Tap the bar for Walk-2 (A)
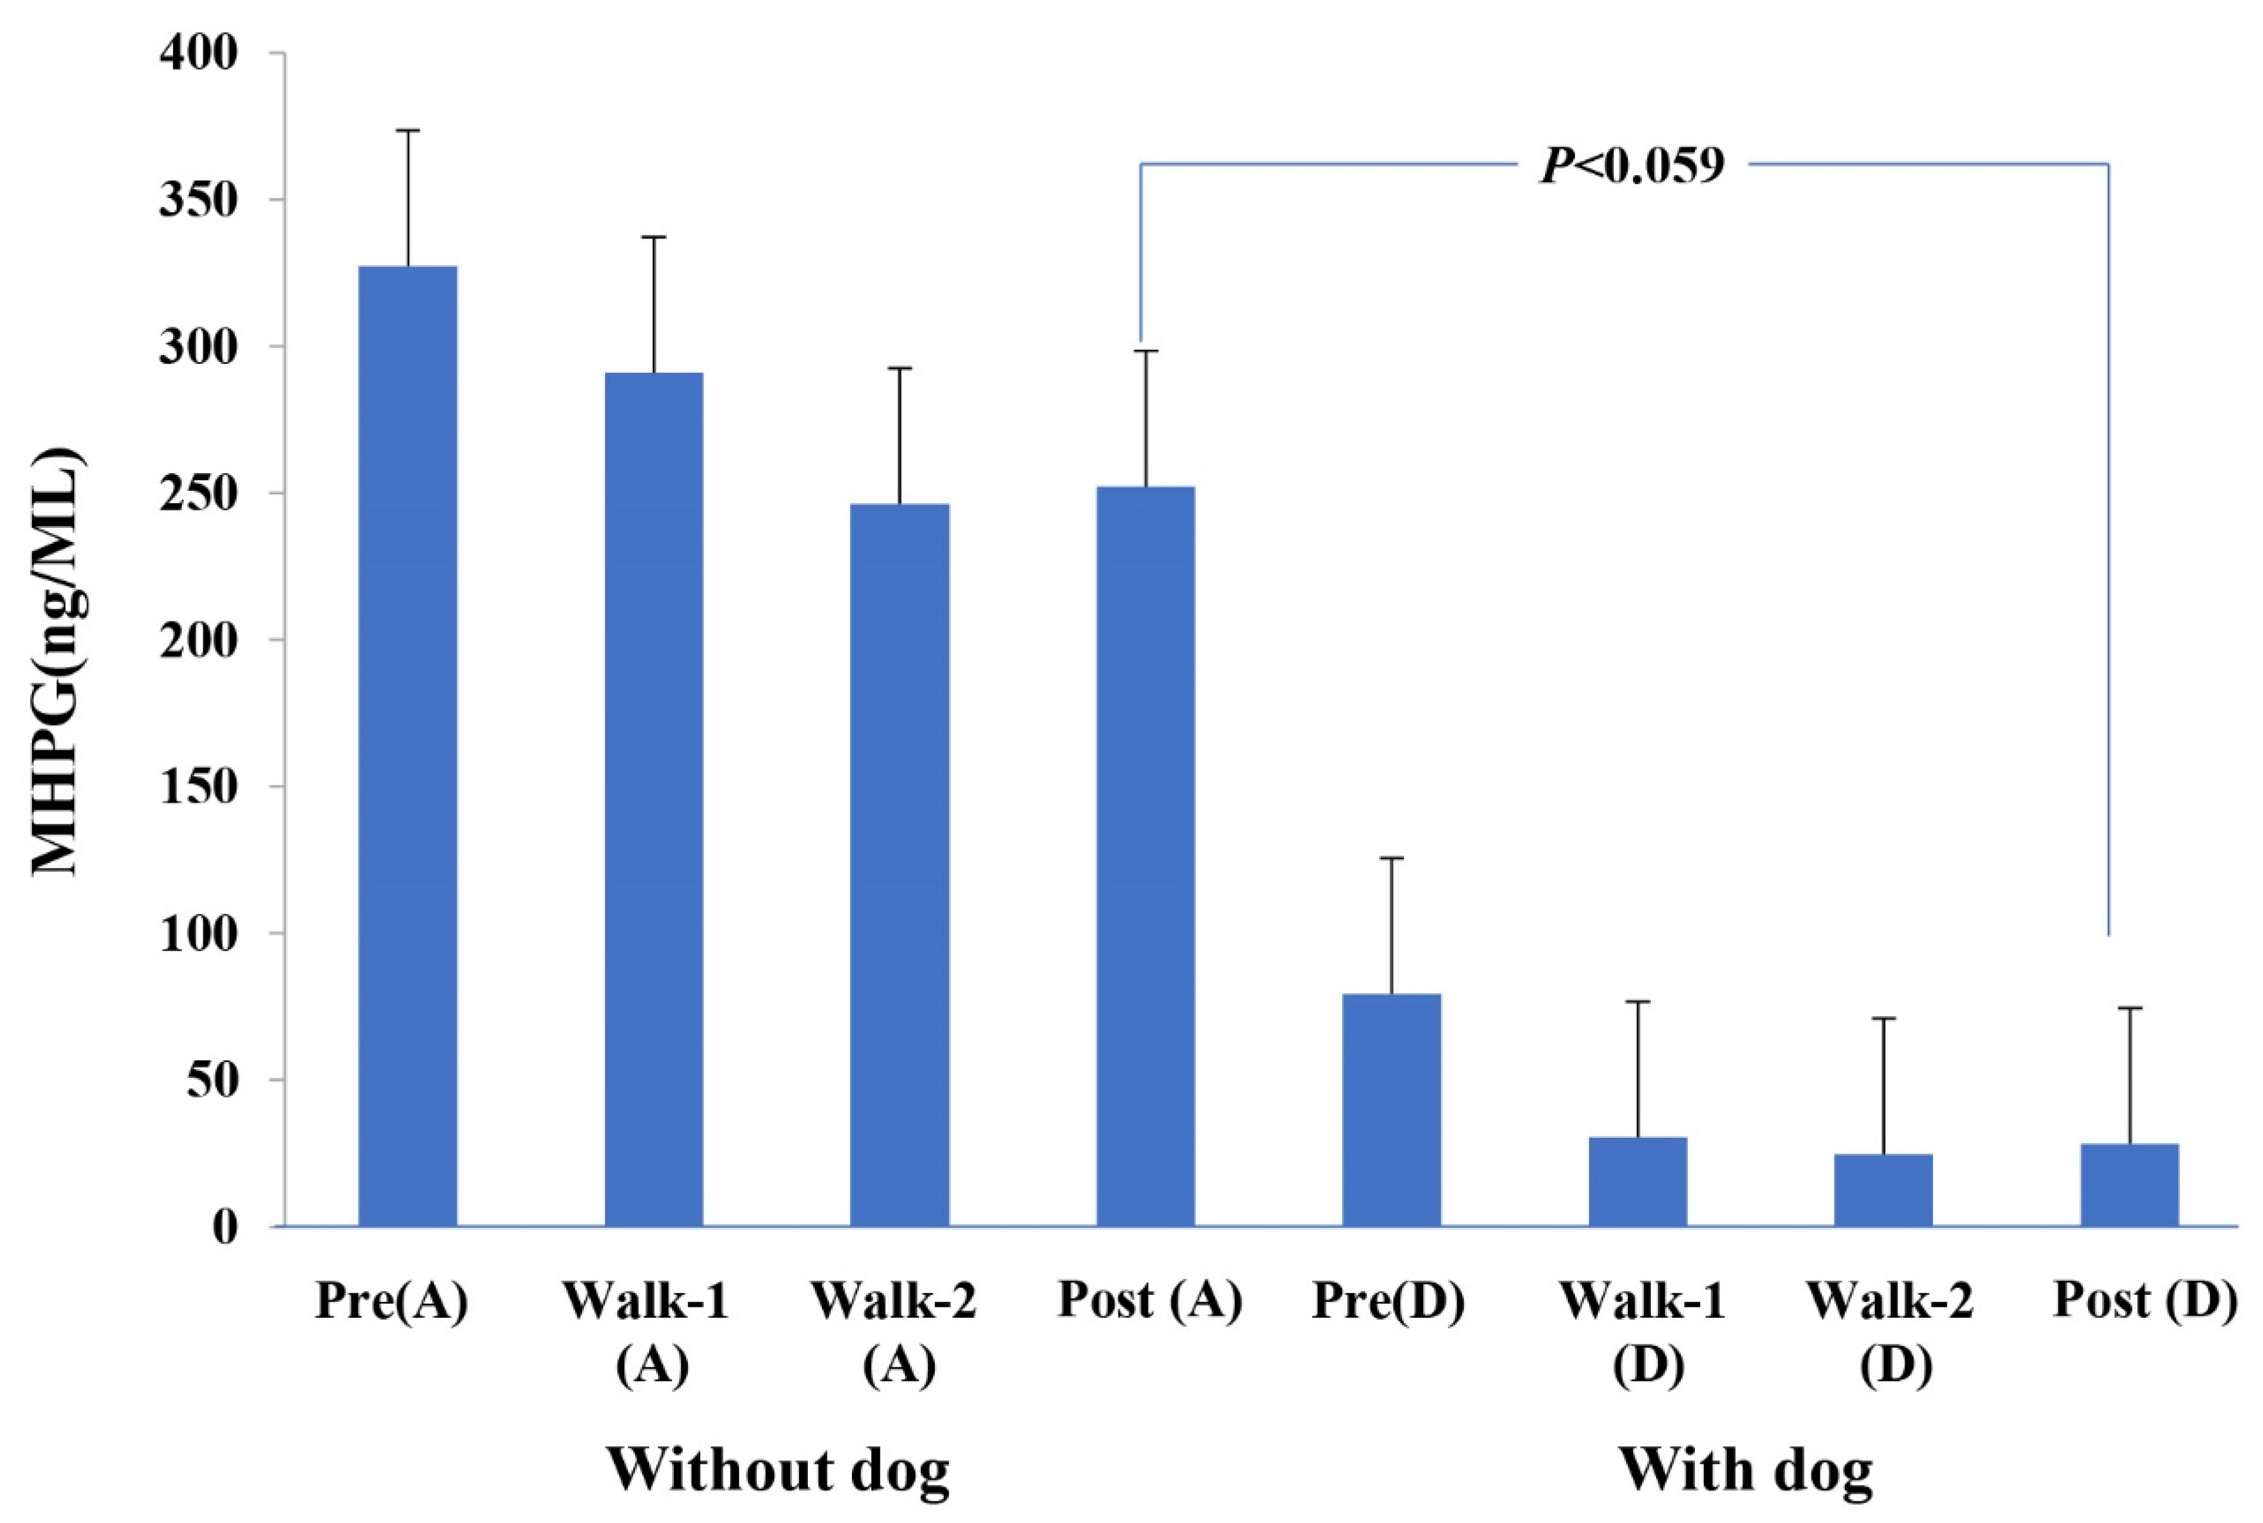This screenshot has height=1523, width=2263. click(899, 864)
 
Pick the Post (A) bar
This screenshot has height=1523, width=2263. click(1146, 856)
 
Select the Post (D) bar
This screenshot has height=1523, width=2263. click(2130, 1185)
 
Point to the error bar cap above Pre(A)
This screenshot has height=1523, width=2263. click(408, 130)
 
